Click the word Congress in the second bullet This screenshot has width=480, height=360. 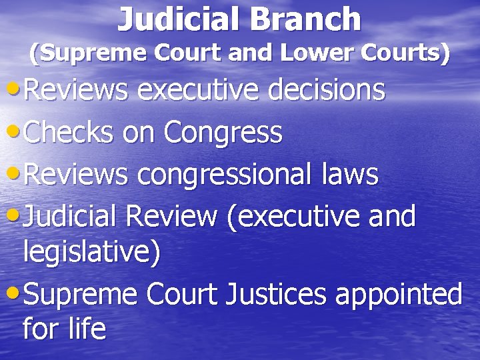tap(224, 133)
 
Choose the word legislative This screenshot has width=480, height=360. tap(92, 253)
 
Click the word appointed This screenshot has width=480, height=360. tap(399, 293)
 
